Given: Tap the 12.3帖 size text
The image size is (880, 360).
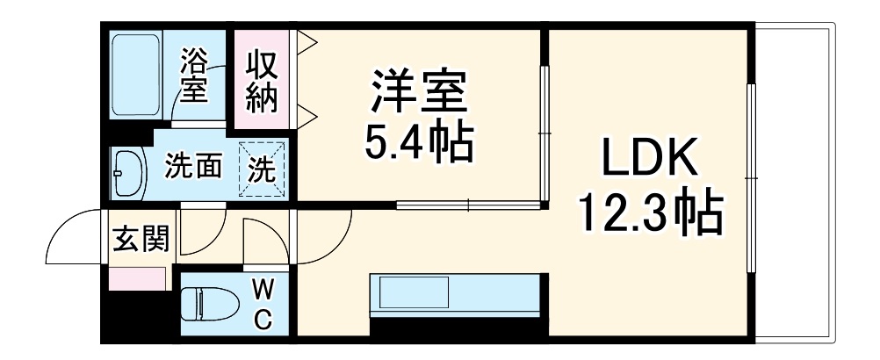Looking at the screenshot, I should (650, 212).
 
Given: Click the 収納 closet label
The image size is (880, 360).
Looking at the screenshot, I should (261, 82).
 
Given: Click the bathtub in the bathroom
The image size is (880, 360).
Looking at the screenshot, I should (135, 76).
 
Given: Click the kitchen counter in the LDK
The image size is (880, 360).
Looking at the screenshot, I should (452, 293).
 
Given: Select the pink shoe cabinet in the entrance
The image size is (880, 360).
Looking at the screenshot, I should (136, 278).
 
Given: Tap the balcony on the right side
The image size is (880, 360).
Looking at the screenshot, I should (794, 184).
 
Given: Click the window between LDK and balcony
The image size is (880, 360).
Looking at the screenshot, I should (751, 176).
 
